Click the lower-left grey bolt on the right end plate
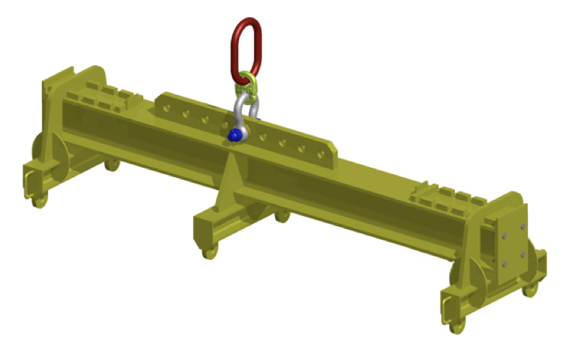tap(503, 264)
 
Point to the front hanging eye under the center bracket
tap(210, 252)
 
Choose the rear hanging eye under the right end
tap(530, 289)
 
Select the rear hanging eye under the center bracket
tap(283, 215)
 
